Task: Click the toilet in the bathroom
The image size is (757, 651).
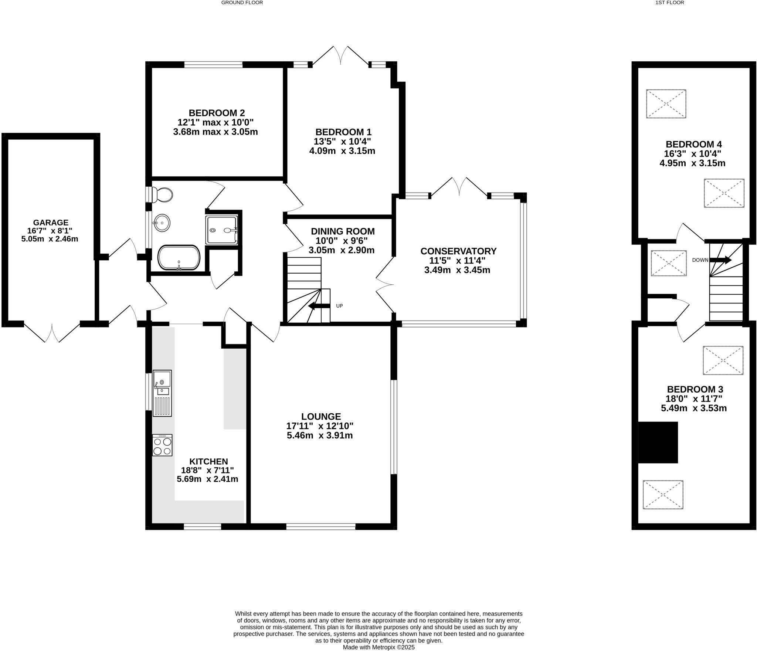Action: [x=163, y=194]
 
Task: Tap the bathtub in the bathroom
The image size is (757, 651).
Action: [x=179, y=257]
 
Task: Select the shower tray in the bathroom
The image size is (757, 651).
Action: [x=221, y=230]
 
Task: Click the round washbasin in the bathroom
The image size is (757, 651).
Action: [x=162, y=223]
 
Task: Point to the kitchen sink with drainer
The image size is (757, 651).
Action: [x=162, y=393]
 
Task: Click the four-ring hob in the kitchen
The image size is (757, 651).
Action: [x=162, y=445]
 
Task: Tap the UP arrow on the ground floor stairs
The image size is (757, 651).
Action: [x=319, y=306]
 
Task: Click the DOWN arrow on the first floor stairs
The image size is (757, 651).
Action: [x=720, y=260]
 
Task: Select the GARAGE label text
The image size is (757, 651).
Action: [x=51, y=223]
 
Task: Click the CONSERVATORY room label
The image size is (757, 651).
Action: [x=458, y=251]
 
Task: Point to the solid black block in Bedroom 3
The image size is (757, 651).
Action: [x=658, y=442]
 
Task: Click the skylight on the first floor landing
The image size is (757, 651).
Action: [x=669, y=263]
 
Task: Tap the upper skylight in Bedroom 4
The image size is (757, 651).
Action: [x=666, y=104]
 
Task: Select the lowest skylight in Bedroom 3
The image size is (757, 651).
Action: [x=663, y=495]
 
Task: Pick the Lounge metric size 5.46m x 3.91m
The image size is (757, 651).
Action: [x=320, y=435]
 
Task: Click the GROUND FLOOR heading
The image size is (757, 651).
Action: [x=242, y=3]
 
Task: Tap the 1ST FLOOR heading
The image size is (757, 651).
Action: [x=675, y=3]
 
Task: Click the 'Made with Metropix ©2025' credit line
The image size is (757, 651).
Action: [x=378, y=647]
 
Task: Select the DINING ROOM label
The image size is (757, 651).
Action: [x=343, y=231]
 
